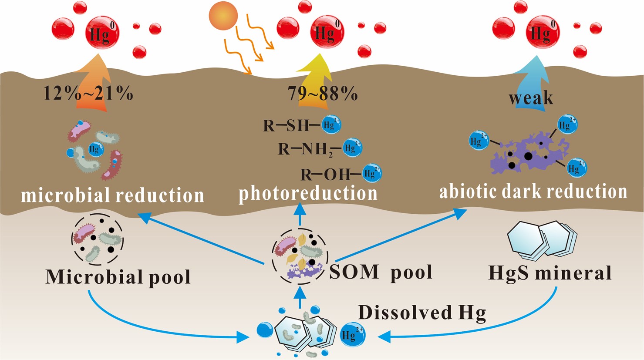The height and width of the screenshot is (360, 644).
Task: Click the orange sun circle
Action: pyautogui.click(x=224, y=17)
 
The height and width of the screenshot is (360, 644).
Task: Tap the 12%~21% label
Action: pyautogui.click(x=88, y=93)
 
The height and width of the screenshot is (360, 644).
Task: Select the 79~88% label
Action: pyautogui.click(x=322, y=93)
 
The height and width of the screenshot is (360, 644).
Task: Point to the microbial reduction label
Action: pyautogui.click(x=112, y=195)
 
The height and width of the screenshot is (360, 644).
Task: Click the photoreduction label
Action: pyautogui.click(x=308, y=193)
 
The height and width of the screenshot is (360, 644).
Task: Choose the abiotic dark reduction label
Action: pyautogui.click(x=533, y=192)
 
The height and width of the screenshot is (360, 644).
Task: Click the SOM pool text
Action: pyautogui.click(x=381, y=272)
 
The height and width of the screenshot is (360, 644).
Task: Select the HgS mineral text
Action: pyautogui.click(x=550, y=273)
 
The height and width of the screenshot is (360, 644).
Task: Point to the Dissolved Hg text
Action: pyautogui.click(x=421, y=312)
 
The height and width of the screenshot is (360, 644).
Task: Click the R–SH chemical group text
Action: pyautogui.click(x=285, y=126)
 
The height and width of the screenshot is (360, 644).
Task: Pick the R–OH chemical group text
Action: pyautogui.click(x=325, y=175)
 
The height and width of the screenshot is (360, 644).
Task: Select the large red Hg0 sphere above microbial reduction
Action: pyautogui.click(x=102, y=32)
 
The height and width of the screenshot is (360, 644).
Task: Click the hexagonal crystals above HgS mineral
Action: pyautogui.click(x=542, y=239)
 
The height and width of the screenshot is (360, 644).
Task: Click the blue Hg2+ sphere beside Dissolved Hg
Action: pyautogui.click(x=352, y=334)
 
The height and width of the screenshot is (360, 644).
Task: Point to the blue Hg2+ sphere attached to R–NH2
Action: pyautogui.click(x=352, y=148)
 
